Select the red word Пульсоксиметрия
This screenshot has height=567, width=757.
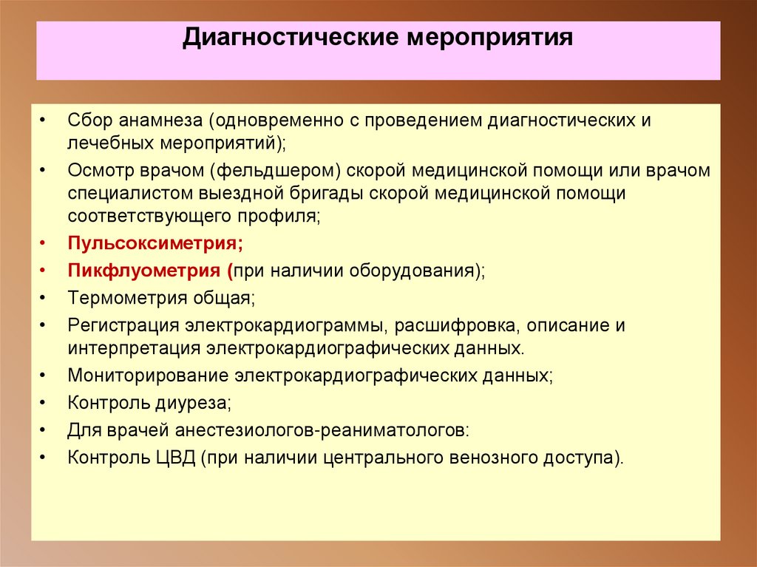tap(155, 242)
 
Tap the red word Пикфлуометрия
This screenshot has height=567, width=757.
tap(145, 270)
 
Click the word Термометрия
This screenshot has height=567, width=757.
tap(122, 298)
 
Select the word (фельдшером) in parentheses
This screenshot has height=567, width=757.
tap(275, 171)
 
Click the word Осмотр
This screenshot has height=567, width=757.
tap(97, 171)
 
